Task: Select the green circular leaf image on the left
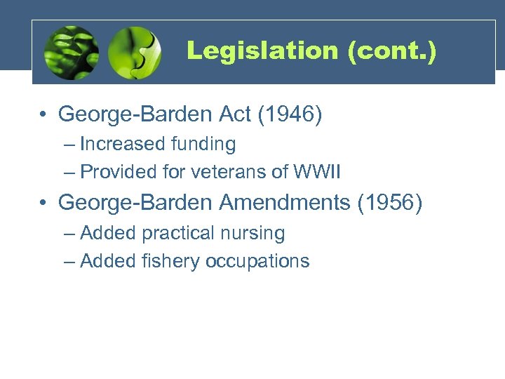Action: point(71,53)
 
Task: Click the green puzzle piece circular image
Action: point(135,53)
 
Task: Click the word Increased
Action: point(123,145)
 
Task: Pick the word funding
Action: point(203,145)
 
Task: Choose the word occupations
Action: point(257,261)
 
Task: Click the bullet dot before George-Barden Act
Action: point(43,114)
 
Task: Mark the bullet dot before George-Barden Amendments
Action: point(43,203)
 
